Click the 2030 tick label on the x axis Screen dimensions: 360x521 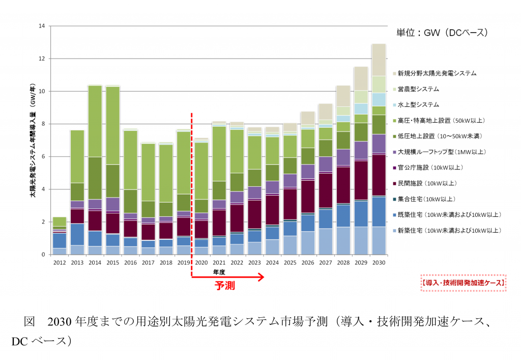click(379, 263)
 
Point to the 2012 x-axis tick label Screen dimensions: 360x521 click(60, 263)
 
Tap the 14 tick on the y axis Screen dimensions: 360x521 click(42, 26)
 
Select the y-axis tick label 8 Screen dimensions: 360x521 click(44, 124)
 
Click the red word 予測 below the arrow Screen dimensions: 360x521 click(224, 286)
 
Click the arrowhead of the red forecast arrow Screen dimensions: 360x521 click(261, 277)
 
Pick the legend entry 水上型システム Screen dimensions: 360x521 click(422, 105)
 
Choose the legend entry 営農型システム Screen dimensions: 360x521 click(422, 89)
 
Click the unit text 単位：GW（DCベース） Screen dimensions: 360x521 click(442, 33)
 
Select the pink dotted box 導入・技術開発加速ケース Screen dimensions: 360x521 click(463, 282)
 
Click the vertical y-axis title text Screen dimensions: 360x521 click(32, 140)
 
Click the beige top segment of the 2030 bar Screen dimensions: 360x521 click(379, 60)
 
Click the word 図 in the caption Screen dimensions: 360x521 click(29, 322)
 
